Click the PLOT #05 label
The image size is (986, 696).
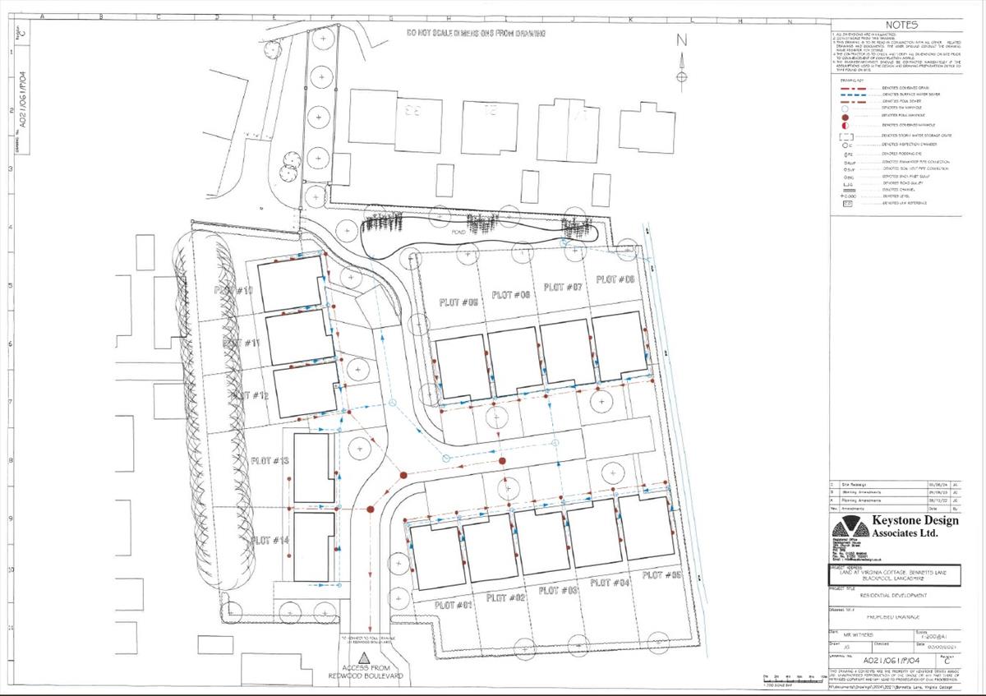(x=459, y=302)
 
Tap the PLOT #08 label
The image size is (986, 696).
(x=615, y=279)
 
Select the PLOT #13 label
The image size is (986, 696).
(x=270, y=461)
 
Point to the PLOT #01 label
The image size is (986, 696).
(x=453, y=605)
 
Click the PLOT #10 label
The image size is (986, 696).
(x=233, y=291)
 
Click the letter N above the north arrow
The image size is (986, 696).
(x=680, y=39)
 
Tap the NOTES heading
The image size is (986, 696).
(x=907, y=25)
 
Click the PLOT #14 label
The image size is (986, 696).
(x=270, y=540)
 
